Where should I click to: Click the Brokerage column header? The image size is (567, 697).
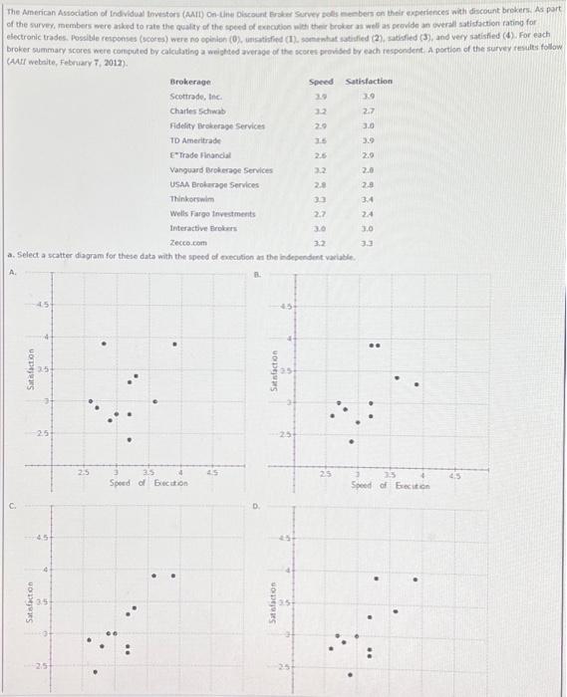[x=190, y=81]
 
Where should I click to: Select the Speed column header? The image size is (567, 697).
[x=321, y=81]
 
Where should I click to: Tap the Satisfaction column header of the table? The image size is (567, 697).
[x=369, y=81]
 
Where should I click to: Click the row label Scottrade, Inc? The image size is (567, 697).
[x=195, y=96]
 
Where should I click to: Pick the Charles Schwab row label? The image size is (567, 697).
[x=198, y=111]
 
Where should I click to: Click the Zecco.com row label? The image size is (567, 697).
[x=188, y=243]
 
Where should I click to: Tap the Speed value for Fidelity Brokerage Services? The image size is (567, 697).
[x=320, y=125]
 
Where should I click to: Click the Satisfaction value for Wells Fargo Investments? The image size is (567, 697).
[x=368, y=214]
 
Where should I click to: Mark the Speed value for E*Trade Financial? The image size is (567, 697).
[x=320, y=155]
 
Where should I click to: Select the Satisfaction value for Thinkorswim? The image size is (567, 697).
[x=368, y=199]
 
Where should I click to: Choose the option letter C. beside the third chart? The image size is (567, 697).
[x=13, y=506]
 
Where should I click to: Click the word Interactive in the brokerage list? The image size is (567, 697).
[x=189, y=229]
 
